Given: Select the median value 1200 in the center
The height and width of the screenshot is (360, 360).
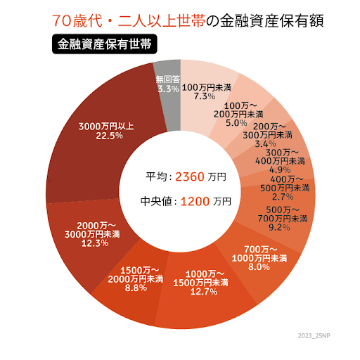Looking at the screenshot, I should click(195, 201).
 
